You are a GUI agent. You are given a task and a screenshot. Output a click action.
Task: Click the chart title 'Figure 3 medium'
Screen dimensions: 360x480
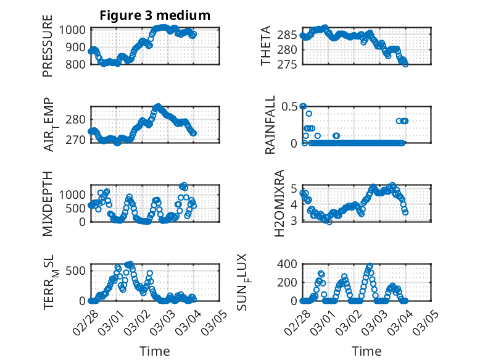tap(155, 15)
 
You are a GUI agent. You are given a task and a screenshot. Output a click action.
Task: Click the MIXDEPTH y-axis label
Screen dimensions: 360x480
tap(48, 203)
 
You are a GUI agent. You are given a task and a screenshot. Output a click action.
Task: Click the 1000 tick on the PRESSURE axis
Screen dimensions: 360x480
tap(73, 30)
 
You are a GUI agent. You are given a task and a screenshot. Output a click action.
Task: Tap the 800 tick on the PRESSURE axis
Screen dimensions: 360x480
tap(77, 64)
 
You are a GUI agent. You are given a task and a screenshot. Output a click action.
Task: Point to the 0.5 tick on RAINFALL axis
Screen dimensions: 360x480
tap(289, 106)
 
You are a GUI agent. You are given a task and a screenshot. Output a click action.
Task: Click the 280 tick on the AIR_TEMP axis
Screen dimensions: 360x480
tap(77, 119)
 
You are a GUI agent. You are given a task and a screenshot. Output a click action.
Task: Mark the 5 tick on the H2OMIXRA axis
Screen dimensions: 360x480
tap(294, 188)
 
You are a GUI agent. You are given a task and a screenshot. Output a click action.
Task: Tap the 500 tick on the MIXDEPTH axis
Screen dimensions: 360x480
tap(77, 208)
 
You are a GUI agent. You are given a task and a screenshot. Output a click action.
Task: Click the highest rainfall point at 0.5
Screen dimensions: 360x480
tap(303, 106)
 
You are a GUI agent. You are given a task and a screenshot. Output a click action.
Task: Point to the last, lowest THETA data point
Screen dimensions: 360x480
tap(405, 64)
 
